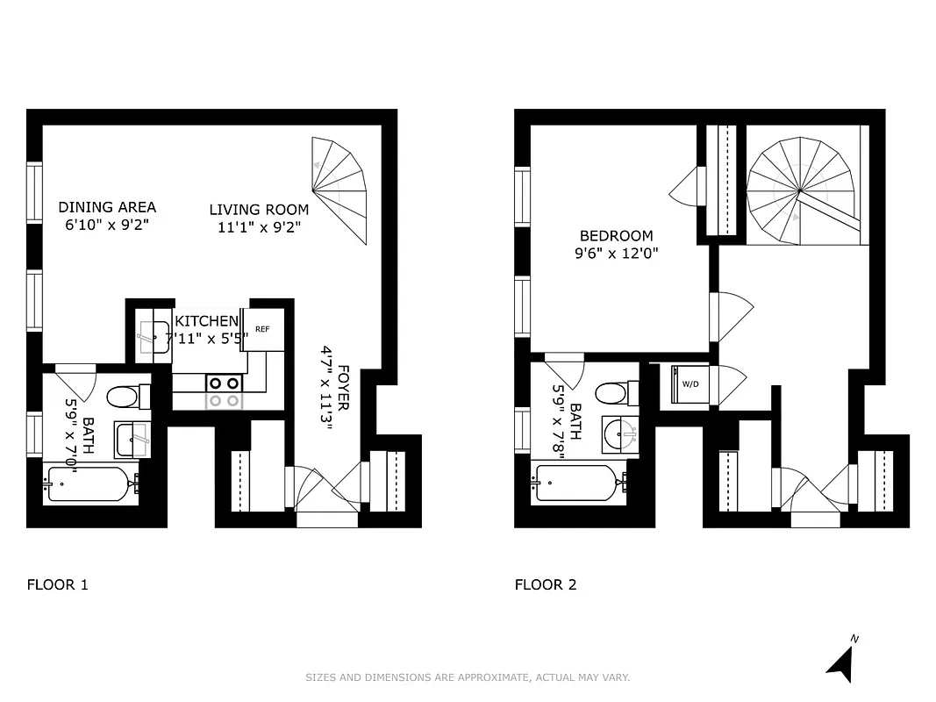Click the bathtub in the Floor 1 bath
90,484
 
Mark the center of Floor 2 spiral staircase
800,190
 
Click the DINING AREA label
107,207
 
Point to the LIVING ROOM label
259,210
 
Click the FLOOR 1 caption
58,584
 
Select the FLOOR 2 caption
546,584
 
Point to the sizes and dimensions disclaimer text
468,677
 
